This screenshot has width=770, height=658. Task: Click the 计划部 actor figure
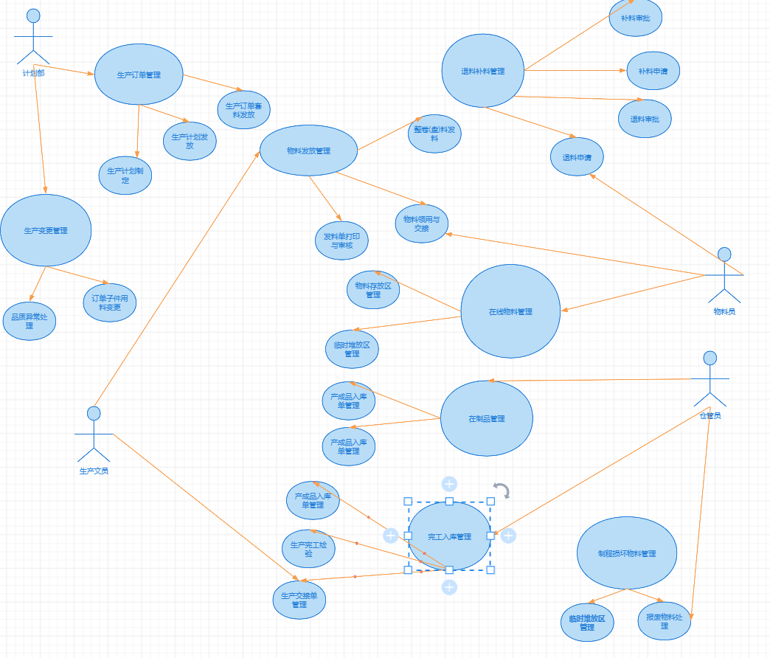[33, 37]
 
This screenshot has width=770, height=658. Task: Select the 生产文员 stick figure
[94, 434]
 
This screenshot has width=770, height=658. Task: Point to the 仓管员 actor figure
[710, 379]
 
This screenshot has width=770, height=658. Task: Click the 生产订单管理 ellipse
[139, 75]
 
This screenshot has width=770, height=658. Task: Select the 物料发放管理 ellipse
[308, 150]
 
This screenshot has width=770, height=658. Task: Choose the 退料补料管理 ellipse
[483, 72]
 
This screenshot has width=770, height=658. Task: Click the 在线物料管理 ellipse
[510, 311]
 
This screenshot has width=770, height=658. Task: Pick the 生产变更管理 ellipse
[46, 230]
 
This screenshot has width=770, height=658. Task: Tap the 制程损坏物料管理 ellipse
[627, 553]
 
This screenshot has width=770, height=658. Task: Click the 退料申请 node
[577, 157]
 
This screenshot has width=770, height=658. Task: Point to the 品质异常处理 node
[29, 321]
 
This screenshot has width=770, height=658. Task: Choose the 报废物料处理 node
[665, 621]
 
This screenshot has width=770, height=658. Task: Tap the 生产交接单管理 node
[299, 600]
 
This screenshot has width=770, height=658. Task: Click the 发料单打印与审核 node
[341, 240]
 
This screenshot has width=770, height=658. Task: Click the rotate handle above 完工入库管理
[502, 491]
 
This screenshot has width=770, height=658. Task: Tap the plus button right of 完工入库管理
[508, 536]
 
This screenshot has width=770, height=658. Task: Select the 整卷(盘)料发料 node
[434, 134]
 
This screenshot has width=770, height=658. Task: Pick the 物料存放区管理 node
[373, 290]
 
